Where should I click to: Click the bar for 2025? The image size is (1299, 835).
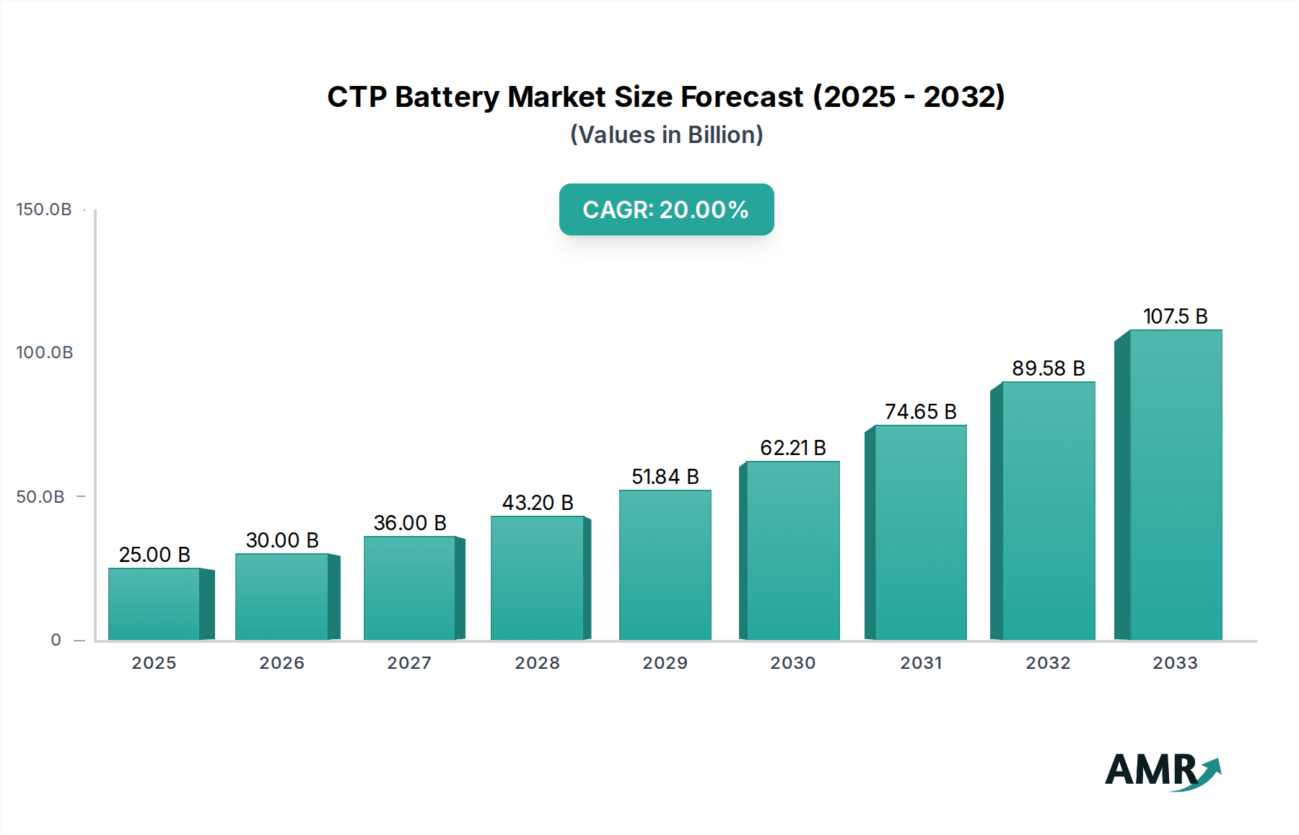[154, 604]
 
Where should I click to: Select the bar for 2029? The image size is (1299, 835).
[665, 565]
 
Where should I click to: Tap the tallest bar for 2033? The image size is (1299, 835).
[1176, 485]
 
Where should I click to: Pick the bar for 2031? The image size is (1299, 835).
[921, 532]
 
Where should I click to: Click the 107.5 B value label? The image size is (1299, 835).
[1176, 316]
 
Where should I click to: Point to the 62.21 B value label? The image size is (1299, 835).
[793, 448]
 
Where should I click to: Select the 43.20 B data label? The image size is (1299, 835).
[538, 503]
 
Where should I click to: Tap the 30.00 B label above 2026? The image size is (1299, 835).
[282, 540]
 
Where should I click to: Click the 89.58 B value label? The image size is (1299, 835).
[1049, 368]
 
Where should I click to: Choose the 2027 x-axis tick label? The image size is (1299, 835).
[409, 663]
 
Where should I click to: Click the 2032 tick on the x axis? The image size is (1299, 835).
[1049, 663]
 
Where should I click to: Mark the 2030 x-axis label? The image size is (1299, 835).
[793, 663]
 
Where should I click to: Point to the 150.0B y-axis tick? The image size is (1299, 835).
[44, 209]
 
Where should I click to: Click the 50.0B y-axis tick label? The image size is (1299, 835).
[40, 497]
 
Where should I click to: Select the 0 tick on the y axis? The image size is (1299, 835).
[56, 640]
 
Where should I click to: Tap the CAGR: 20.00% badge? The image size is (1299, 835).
[666, 209]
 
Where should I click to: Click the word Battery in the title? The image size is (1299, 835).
[447, 97]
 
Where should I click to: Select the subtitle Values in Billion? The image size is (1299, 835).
[666, 135]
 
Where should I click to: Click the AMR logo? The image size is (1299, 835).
[1162, 771]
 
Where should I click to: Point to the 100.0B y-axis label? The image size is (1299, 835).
[45, 352]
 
